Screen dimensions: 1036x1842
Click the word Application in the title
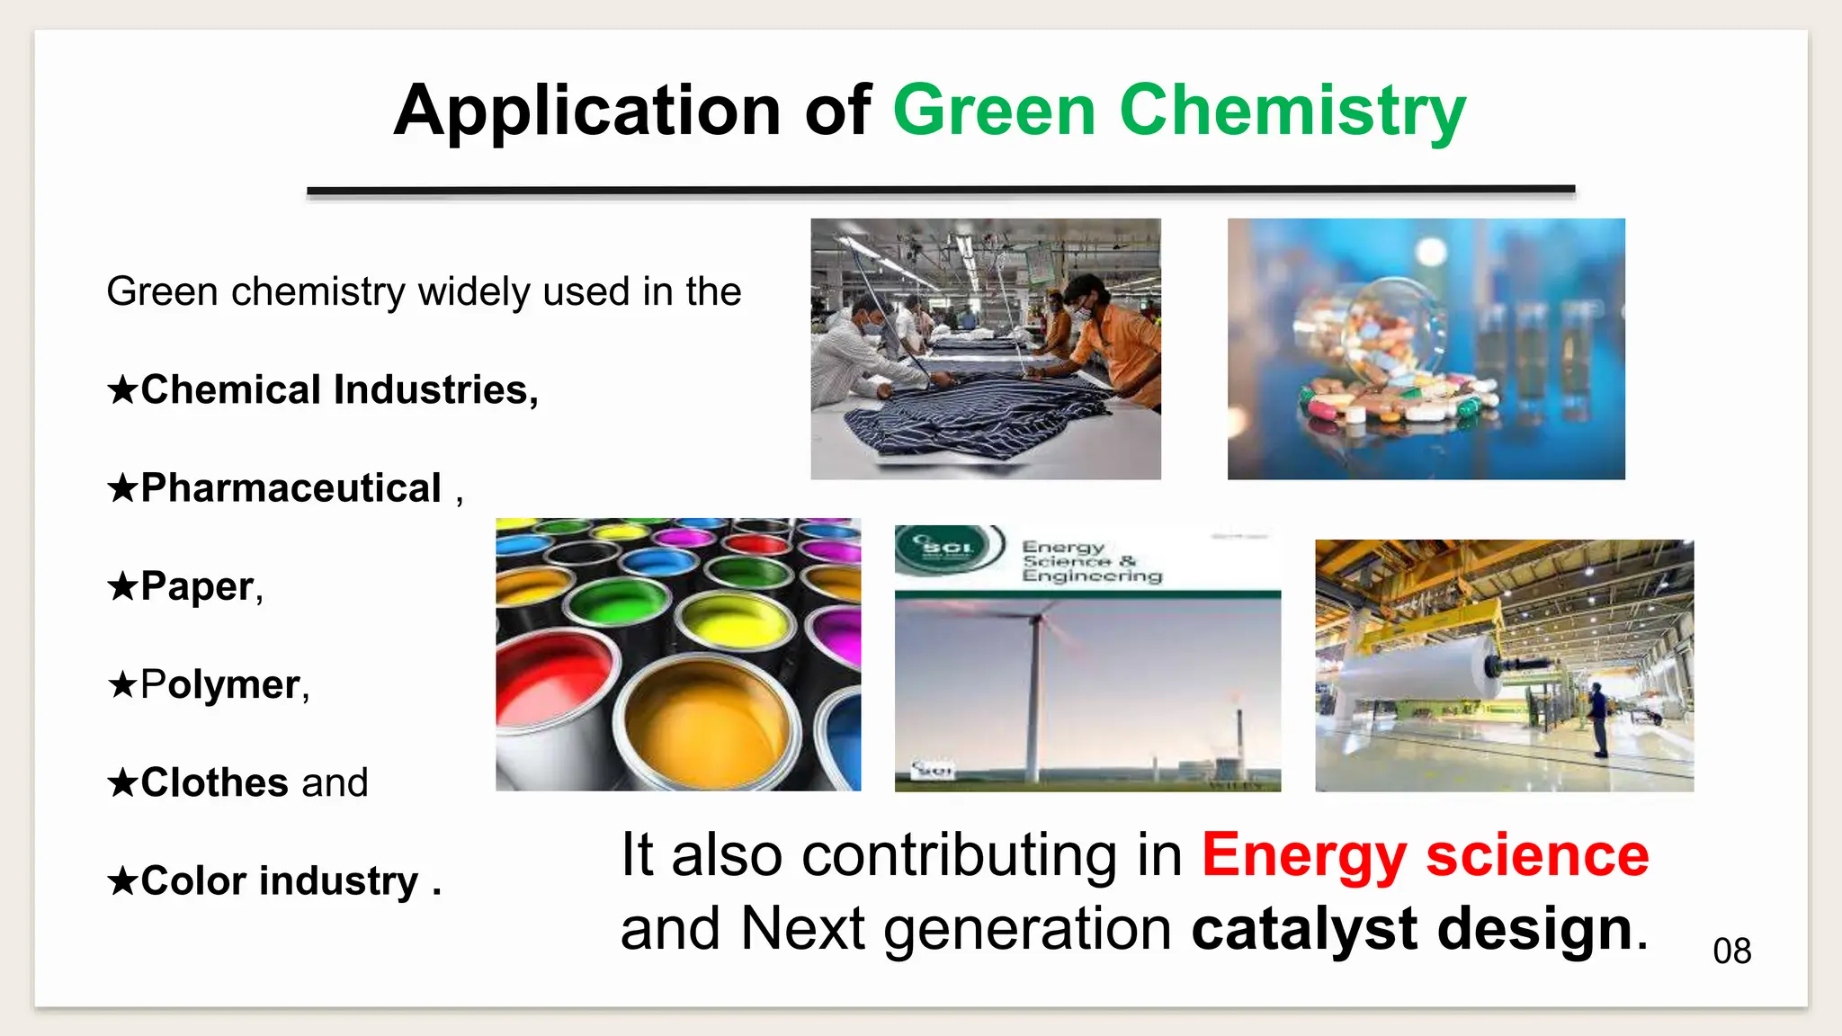[586, 111]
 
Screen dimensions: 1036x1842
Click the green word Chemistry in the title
[1292, 111]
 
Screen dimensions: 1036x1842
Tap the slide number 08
[1731, 951]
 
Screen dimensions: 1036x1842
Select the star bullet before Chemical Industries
[122, 390]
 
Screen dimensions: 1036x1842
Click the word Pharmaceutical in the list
[291, 488]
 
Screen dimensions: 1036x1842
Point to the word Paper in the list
[197, 586]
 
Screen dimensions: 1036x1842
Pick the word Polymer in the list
[220, 685]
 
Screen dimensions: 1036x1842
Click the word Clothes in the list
[215, 782]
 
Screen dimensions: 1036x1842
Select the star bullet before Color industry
[122, 881]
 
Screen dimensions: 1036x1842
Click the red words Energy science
[1425, 854]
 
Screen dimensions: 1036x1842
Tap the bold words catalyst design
[1411, 928]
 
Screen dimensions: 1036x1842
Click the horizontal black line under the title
[940, 190]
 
